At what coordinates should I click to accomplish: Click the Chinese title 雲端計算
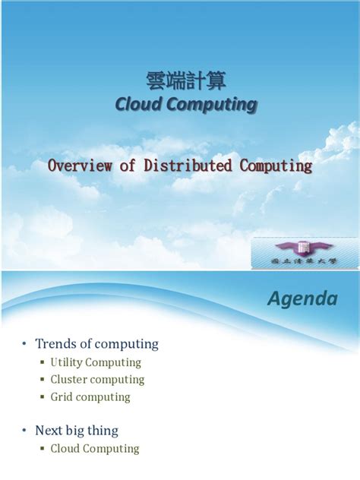tap(185, 80)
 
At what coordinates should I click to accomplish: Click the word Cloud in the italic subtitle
tap(139, 104)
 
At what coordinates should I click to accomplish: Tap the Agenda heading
tap(302, 298)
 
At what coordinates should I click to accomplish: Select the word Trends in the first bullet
tap(56, 344)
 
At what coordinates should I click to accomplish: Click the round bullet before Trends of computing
tap(24, 344)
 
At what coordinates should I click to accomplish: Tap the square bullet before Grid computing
tap(43, 397)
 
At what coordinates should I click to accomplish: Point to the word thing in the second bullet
tap(103, 431)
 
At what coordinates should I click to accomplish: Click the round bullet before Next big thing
tap(24, 431)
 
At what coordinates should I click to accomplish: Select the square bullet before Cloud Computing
tap(43, 449)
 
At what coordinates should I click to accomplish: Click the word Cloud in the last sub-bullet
tap(65, 449)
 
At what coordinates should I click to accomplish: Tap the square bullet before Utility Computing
tap(43, 362)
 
